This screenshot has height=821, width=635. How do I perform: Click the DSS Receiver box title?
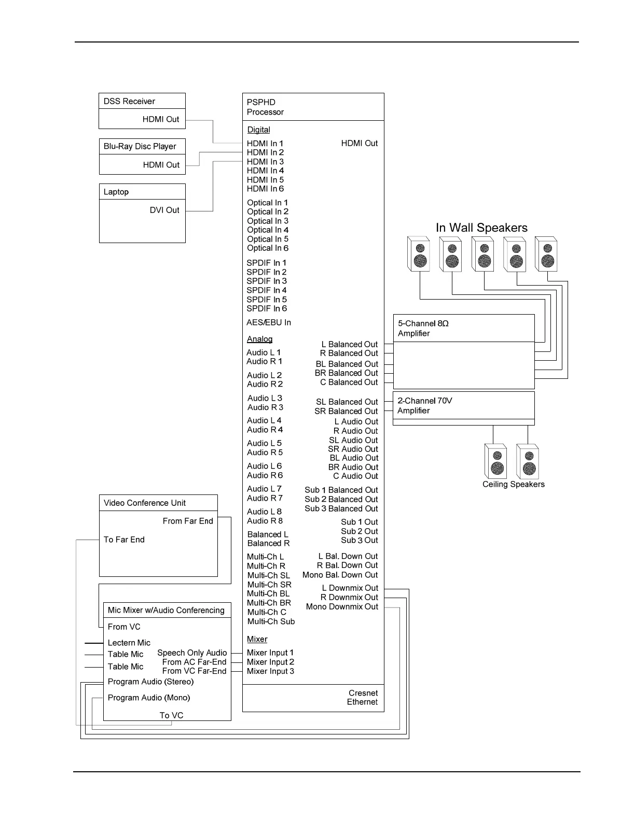[129, 102]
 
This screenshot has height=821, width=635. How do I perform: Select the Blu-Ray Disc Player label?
[140, 147]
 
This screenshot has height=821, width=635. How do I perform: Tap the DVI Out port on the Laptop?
[164, 210]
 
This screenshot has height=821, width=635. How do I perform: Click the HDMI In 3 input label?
[265, 162]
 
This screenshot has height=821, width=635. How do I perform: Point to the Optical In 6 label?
[268, 248]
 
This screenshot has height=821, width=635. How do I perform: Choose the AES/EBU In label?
[269, 323]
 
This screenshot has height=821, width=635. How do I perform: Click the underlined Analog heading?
[259, 339]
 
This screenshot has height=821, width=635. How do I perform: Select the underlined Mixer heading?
[257, 640]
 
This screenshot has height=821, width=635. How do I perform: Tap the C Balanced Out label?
[349, 383]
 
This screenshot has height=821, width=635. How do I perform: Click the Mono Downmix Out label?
[342, 607]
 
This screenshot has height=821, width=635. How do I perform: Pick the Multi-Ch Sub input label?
[271, 622]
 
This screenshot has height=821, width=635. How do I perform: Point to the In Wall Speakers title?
[481, 228]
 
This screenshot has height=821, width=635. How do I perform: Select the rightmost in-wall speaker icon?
[546, 254]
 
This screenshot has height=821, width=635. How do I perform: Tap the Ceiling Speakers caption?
[513, 485]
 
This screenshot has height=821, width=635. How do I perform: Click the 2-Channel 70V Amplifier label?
[424, 406]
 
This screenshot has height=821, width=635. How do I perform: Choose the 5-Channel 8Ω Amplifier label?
[423, 329]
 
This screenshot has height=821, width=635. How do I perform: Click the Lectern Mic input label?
[129, 643]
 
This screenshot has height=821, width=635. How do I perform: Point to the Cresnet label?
[363, 693]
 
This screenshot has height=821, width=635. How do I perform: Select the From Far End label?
[188, 521]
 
